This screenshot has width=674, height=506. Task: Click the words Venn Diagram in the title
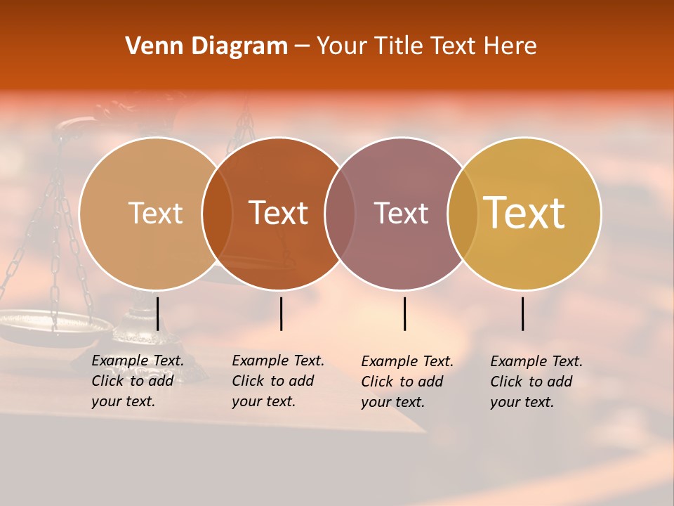point(206,46)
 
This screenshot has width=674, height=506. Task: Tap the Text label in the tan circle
point(155,213)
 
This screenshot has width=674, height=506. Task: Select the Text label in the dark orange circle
point(279,213)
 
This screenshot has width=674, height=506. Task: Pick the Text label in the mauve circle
point(401,213)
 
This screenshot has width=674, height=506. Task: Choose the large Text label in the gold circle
point(524,213)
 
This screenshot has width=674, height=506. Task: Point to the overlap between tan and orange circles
point(217,213)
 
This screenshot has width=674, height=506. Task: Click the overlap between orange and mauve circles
point(340,213)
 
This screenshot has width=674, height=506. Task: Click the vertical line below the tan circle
point(158,313)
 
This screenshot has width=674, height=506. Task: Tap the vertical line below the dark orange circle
point(281,313)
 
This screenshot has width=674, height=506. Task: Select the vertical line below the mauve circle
point(404,313)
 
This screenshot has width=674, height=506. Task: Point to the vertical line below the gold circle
point(523,313)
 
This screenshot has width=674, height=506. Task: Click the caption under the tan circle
point(138,381)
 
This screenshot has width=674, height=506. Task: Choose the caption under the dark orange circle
point(278,381)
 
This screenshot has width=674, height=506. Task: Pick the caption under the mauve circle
point(407,382)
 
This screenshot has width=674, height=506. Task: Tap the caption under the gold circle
point(536,382)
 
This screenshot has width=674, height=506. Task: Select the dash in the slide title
point(302,47)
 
